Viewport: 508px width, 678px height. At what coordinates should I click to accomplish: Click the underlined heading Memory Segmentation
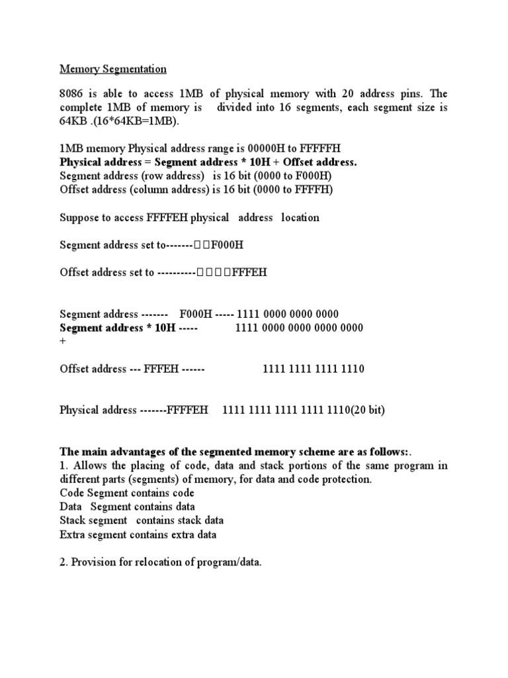(113, 69)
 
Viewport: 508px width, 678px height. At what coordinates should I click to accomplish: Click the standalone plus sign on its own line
(63, 342)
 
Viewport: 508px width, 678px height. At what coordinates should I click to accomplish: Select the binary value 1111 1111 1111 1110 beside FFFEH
(314, 369)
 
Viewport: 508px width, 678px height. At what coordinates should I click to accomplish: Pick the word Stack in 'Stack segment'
(72, 520)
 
